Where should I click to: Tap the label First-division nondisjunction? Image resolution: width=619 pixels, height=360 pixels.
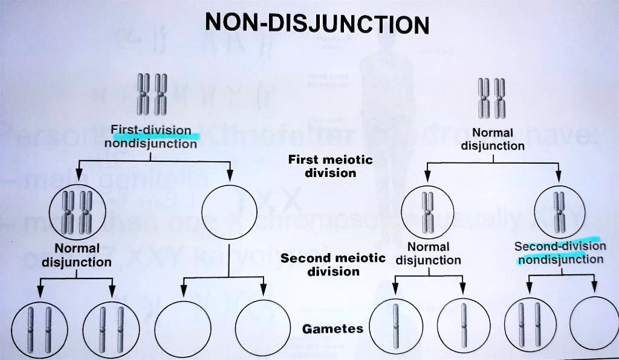[x=151, y=137]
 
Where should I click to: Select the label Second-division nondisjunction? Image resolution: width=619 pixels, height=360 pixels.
[x=560, y=252]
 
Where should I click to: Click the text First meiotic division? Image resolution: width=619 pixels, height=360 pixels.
[x=330, y=166]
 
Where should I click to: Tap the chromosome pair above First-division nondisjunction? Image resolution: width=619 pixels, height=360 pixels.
[x=151, y=95]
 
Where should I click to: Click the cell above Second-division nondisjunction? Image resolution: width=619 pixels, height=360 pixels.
[x=560, y=212]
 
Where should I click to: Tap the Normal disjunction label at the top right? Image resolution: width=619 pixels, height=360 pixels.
[x=493, y=139]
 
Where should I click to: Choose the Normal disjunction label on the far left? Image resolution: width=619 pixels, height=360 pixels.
[x=76, y=256]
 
